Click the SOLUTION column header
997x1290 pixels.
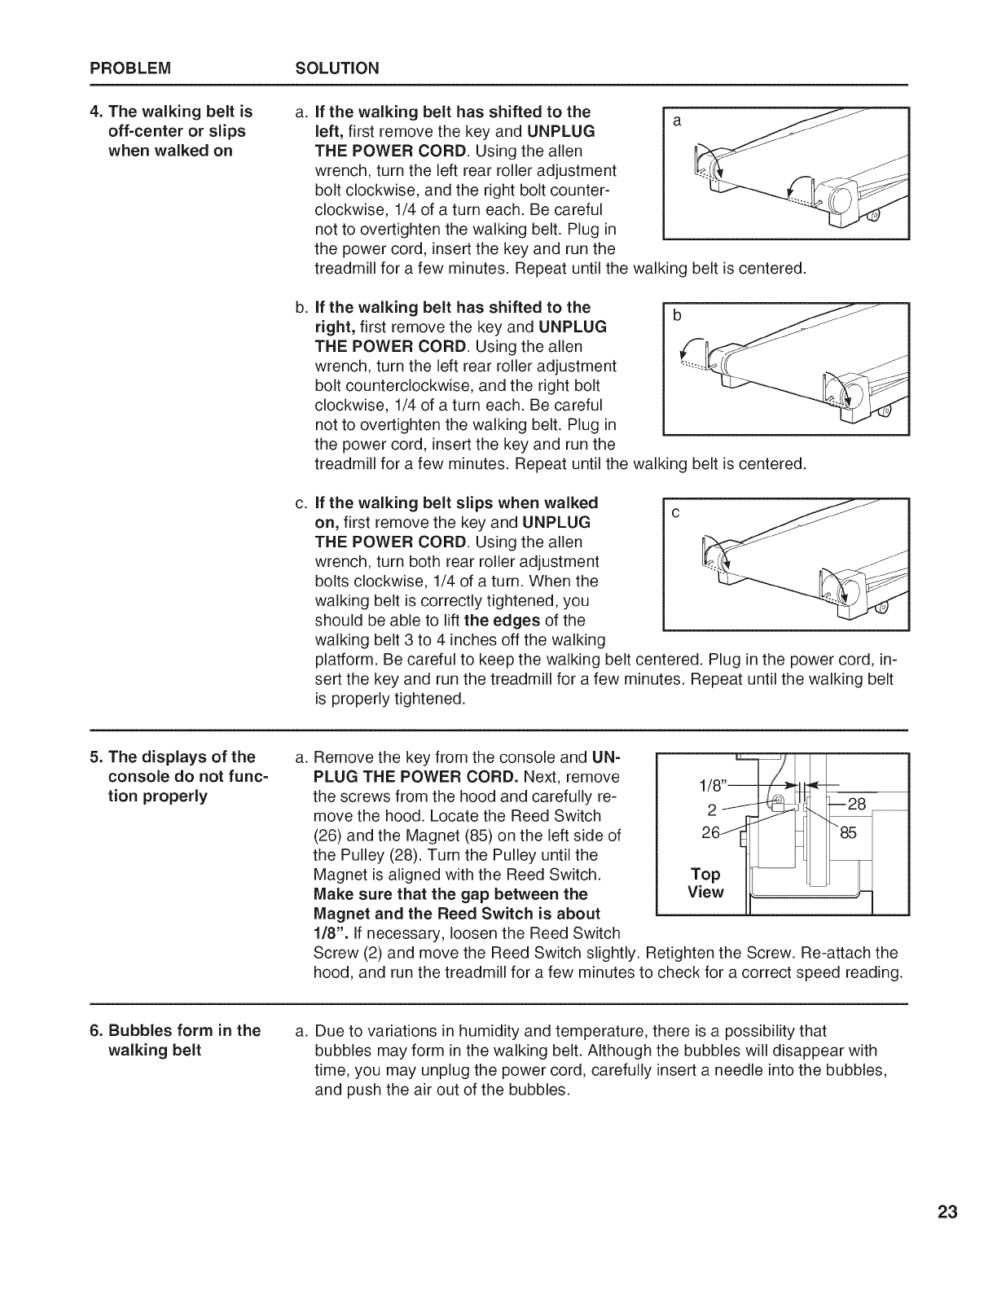(336, 68)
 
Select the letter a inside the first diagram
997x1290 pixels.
(676, 121)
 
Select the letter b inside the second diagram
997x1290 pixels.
(676, 316)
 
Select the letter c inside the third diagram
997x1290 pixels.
(676, 513)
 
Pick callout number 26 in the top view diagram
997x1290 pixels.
(711, 833)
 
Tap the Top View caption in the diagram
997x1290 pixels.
(705, 883)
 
